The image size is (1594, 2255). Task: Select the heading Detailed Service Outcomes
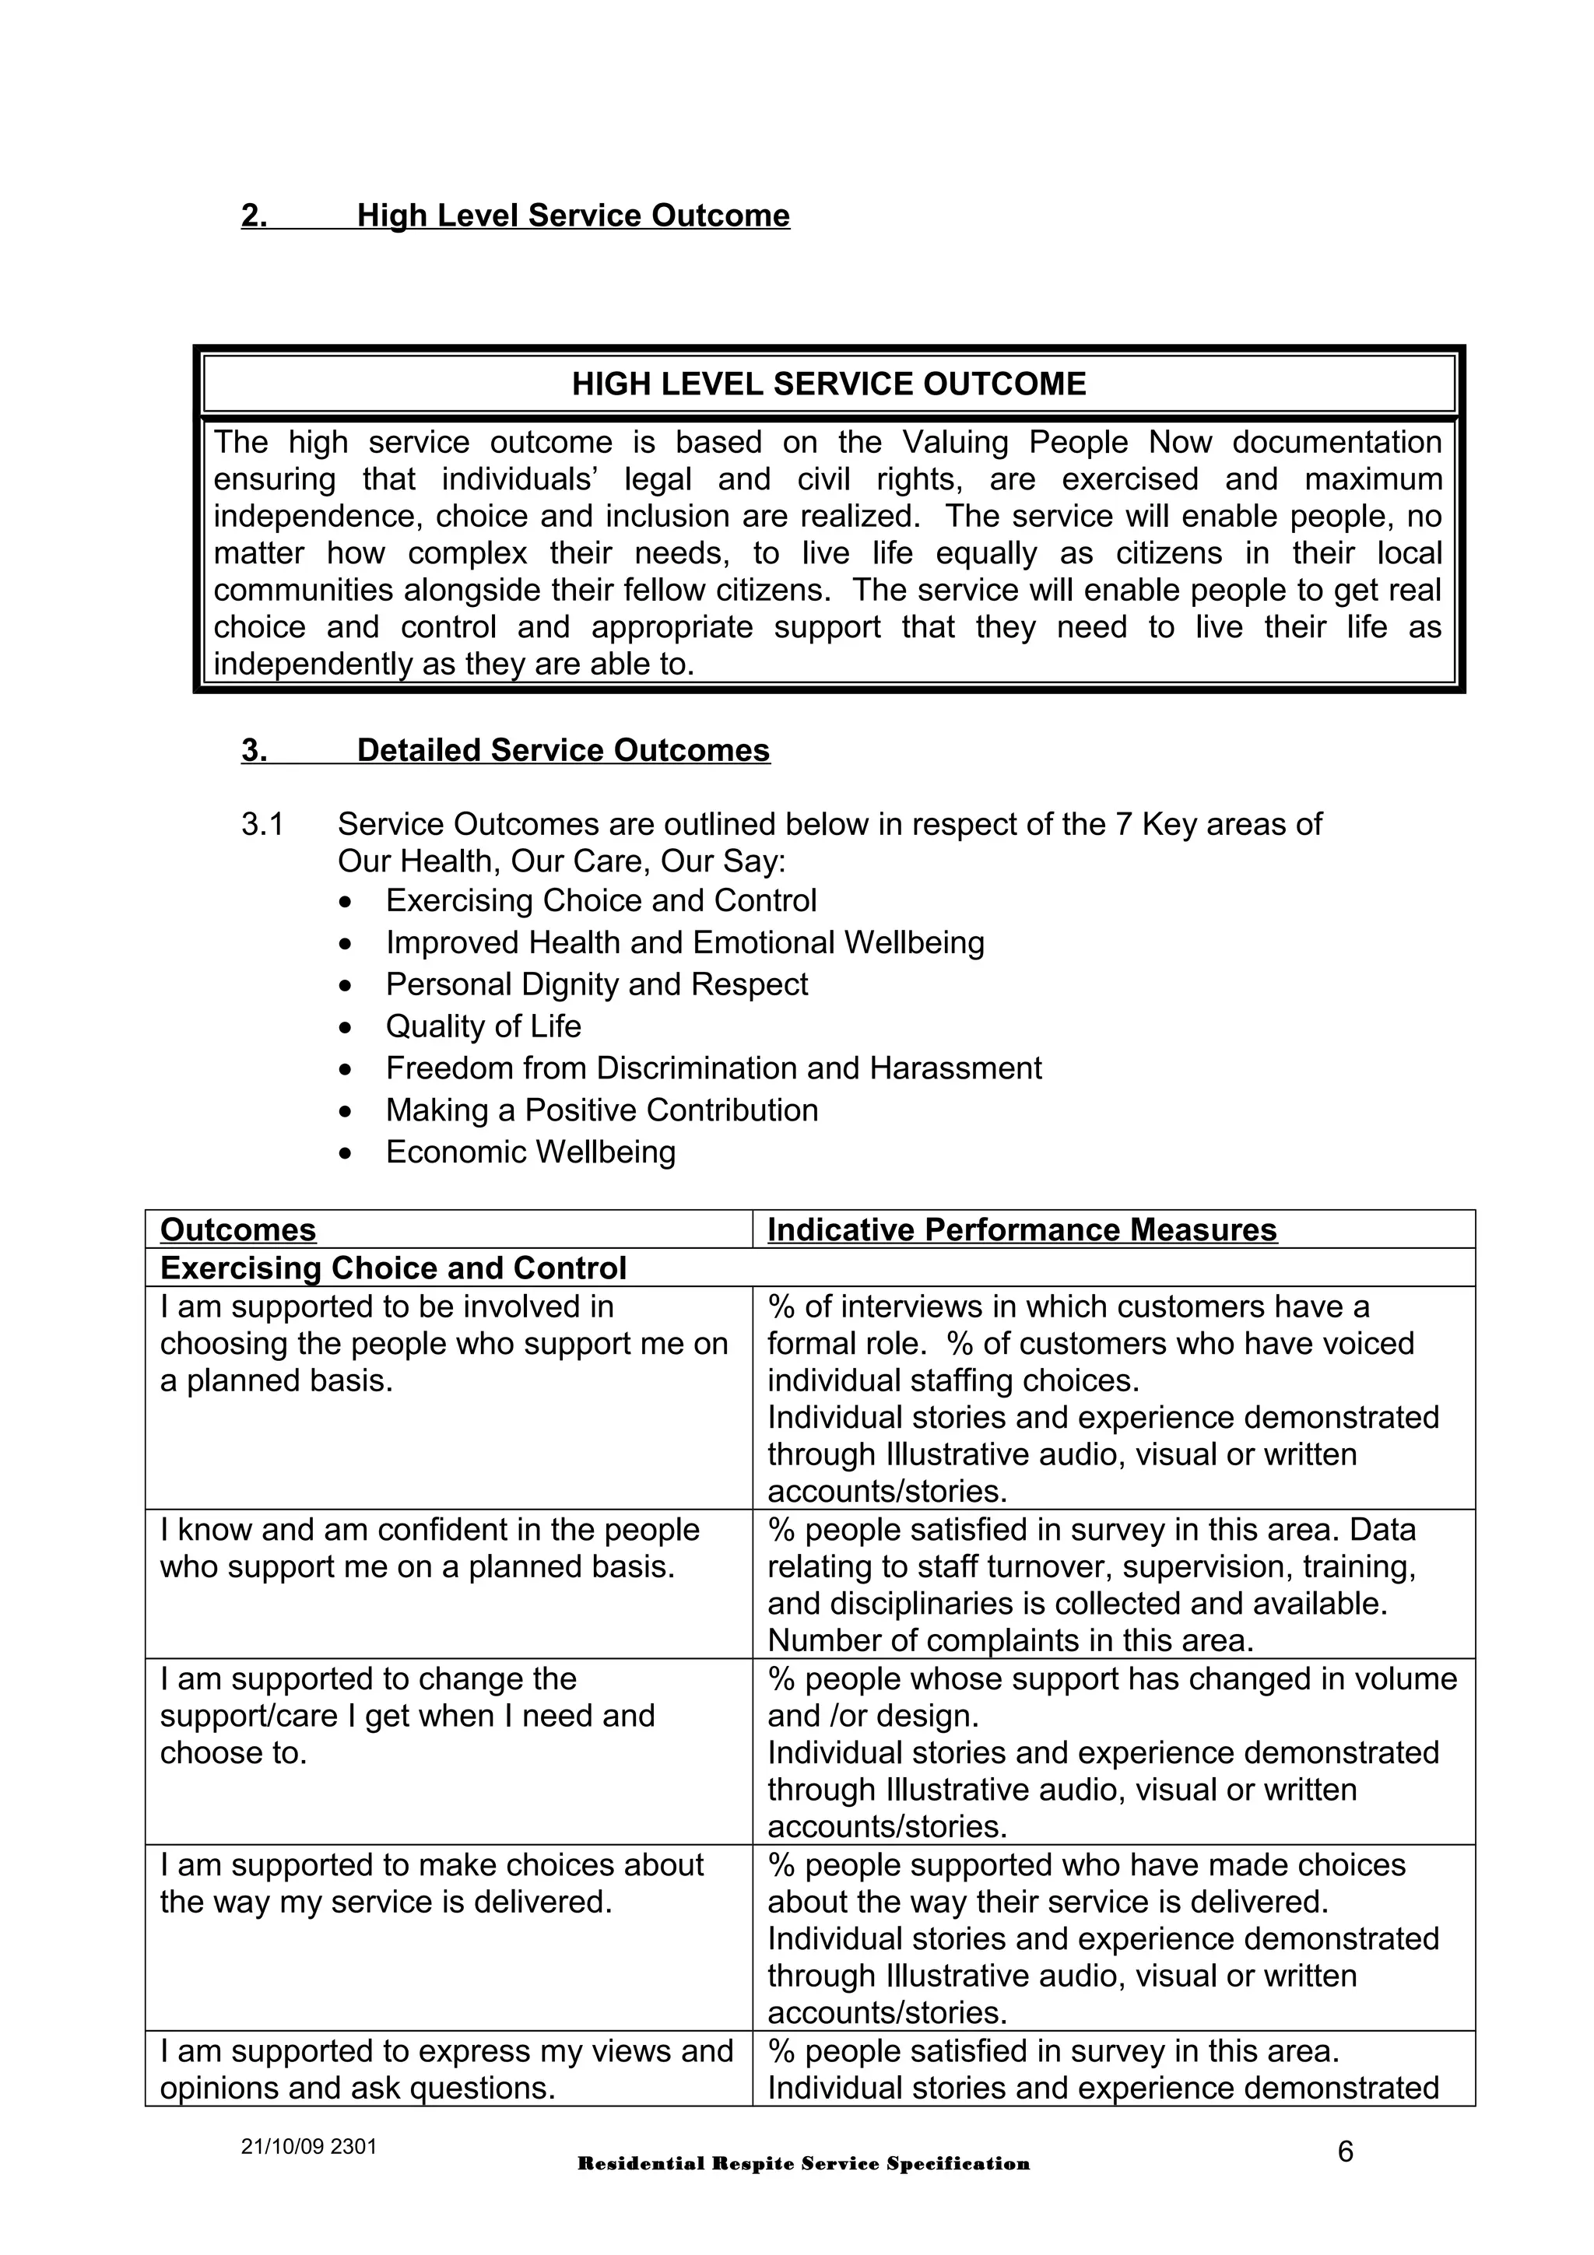click(x=563, y=749)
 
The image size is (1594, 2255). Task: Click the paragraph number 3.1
click(x=262, y=823)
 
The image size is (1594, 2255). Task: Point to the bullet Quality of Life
click(x=483, y=1026)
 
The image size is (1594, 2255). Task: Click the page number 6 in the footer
click(x=1344, y=2151)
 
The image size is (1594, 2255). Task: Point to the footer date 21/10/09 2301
click(x=308, y=2145)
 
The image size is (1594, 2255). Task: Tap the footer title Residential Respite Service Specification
click(x=803, y=2164)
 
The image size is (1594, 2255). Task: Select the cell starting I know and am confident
click(x=429, y=1547)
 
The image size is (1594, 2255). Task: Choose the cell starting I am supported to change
click(x=406, y=1715)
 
